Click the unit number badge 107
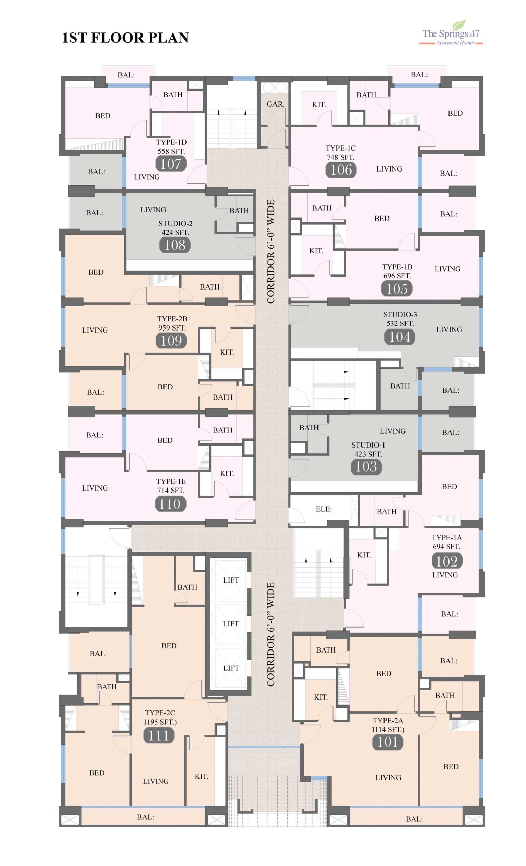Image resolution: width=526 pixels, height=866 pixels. tap(171, 164)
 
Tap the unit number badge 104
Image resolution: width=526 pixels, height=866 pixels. tap(400, 337)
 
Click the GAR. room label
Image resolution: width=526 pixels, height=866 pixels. tap(275, 104)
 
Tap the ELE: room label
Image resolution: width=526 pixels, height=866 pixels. tap(324, 509)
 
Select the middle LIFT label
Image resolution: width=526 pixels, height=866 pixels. tap(231, 624)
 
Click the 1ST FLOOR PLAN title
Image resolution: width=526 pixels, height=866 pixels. tap(126, 38)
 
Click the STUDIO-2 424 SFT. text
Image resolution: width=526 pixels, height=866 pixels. tap(175, 228)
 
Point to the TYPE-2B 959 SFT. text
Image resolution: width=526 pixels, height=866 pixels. tap(172, 323)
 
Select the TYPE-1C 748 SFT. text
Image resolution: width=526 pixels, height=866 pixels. tap(341, 153)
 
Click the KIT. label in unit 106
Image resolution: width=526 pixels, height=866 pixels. tap(319, 105)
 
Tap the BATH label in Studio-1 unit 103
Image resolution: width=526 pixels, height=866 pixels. tap(309, 427)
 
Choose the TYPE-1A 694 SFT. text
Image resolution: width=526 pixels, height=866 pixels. tap(446, 542)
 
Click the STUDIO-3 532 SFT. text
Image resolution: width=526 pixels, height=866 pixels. tap(400, 319)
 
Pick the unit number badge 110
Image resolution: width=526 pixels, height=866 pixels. tap(171, 504)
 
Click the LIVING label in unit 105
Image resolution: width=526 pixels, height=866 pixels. tap(447, 269)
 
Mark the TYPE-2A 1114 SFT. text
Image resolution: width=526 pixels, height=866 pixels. tap(388, 725)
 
